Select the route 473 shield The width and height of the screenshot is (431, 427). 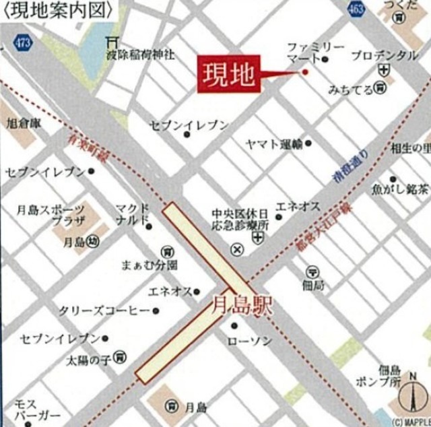(x=22, y=42)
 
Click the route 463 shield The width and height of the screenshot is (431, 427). (x=357, y=8)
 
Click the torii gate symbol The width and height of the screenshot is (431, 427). (x=112, y=42)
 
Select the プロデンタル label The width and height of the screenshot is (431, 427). (x=385, y=55)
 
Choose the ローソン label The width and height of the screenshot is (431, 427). (x=250, y=341)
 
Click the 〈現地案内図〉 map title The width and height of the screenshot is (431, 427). (x=57, y=8)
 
